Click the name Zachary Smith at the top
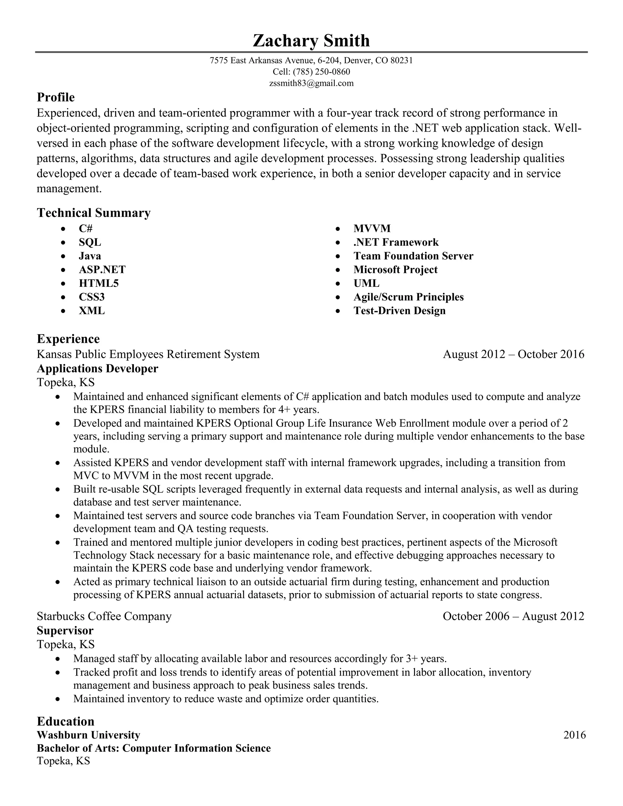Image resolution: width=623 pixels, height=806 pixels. (311, 40)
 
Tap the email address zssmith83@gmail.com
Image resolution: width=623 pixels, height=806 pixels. (311, 83)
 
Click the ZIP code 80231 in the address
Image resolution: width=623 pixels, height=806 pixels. (401, 61)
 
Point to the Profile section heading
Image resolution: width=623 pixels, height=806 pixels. (56, 97)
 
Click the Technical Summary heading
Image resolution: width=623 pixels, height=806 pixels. (94, 213)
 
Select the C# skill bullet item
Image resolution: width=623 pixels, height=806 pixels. (85, 228)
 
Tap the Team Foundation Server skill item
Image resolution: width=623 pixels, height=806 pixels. (413, 256)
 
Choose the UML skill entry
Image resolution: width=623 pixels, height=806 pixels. (366, 283)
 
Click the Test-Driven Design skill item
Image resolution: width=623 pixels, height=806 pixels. (399, 311)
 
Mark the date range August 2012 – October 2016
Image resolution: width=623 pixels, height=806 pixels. (513, 354)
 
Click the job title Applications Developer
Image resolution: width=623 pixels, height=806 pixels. (97, 369)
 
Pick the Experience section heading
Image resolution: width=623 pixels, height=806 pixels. (68, 339)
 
